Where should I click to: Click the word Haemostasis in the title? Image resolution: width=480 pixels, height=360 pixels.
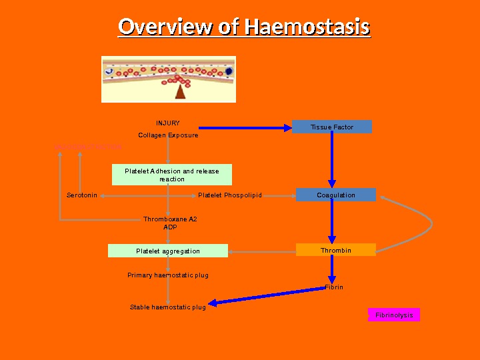(307, 28)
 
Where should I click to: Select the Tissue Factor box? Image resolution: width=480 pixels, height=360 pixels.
(331, 127)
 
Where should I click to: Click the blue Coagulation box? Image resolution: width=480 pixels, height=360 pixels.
(336, 195)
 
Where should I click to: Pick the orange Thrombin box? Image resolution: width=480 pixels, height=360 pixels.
(336, 250)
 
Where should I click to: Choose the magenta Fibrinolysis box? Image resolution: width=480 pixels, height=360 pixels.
(394, 315)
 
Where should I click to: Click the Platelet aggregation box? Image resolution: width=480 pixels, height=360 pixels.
(168, 251)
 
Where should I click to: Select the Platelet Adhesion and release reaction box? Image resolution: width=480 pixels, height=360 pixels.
(172, 175)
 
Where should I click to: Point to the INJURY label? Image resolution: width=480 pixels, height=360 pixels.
(168, 123)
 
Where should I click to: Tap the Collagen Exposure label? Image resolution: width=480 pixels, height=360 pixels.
(168, 135)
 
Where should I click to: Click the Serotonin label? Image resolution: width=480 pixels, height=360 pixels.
(82, 195)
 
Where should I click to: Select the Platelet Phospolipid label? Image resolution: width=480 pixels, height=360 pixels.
(230, 195)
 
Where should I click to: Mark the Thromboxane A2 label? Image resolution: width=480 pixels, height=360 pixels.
(170, 219)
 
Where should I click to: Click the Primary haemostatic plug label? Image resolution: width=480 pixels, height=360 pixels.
(168, 275)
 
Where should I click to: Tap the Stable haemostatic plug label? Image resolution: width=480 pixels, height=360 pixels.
(168, 307)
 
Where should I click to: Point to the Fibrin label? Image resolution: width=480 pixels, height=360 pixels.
(334, 287)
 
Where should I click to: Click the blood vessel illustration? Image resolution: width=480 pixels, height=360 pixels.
(169, 79)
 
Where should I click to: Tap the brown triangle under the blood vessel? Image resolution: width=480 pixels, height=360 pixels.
(180, 92)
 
